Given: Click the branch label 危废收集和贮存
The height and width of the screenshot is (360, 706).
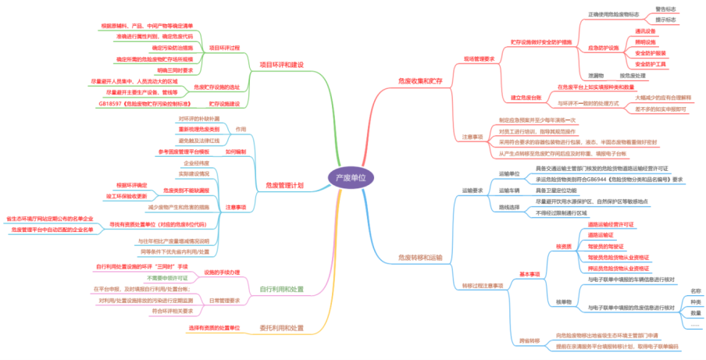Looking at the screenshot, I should tap(420, 80).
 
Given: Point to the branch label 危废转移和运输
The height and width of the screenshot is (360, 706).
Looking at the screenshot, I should tap(420, 256).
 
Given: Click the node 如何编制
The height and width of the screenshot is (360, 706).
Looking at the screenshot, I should tap(235, 151).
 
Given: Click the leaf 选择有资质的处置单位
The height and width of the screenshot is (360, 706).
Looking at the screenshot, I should tap(213, 328).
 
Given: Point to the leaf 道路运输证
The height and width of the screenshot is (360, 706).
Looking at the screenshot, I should tap(601, 234).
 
